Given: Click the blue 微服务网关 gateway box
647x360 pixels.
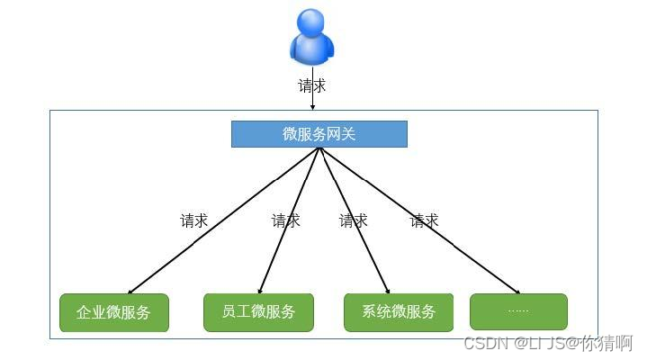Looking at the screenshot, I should point(319,134).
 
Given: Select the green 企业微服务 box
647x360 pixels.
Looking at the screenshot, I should point(113,312).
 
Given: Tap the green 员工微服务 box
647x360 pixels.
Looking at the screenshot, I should point(258,312).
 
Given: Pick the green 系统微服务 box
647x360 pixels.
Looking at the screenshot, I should point(398,312).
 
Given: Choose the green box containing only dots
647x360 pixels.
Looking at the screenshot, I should point(518,311).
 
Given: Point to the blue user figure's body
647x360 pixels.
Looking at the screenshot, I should point(312,51).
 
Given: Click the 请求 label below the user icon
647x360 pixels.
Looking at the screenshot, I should point(312,86).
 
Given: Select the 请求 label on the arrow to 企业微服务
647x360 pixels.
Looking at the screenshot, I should point(194,220).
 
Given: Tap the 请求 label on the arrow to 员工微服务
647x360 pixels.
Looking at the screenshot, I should point(286,220).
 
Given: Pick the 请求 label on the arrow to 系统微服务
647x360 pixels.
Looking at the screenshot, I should point(353,220).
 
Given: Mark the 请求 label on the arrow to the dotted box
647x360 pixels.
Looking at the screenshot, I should point(424,220).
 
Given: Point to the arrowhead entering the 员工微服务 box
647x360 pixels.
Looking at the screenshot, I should point(259,292).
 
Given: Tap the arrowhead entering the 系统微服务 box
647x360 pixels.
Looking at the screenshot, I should point(388,292).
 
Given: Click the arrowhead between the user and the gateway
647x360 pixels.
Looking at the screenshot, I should point(312,107).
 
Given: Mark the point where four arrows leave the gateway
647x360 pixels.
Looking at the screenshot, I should point(319,148).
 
